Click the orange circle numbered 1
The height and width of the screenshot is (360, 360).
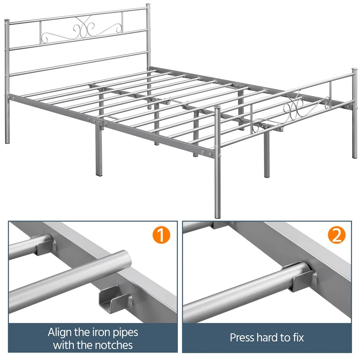161,235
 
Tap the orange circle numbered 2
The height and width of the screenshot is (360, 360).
336,235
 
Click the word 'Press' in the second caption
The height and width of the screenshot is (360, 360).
242,338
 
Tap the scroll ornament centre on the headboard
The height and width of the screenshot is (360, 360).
82,29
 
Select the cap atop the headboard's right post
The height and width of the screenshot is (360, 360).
148,5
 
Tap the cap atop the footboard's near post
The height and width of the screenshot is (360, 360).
217,108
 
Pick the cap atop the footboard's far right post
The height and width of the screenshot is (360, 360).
355,69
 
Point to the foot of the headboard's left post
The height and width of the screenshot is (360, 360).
7,141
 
